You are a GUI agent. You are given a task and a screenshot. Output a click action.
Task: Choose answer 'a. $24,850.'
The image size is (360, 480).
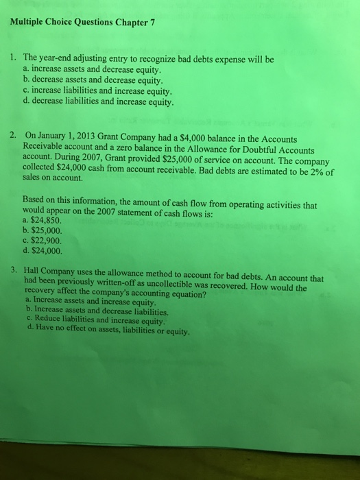(44, 221)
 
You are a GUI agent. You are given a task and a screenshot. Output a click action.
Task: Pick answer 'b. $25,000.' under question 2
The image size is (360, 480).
(44, 230)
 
